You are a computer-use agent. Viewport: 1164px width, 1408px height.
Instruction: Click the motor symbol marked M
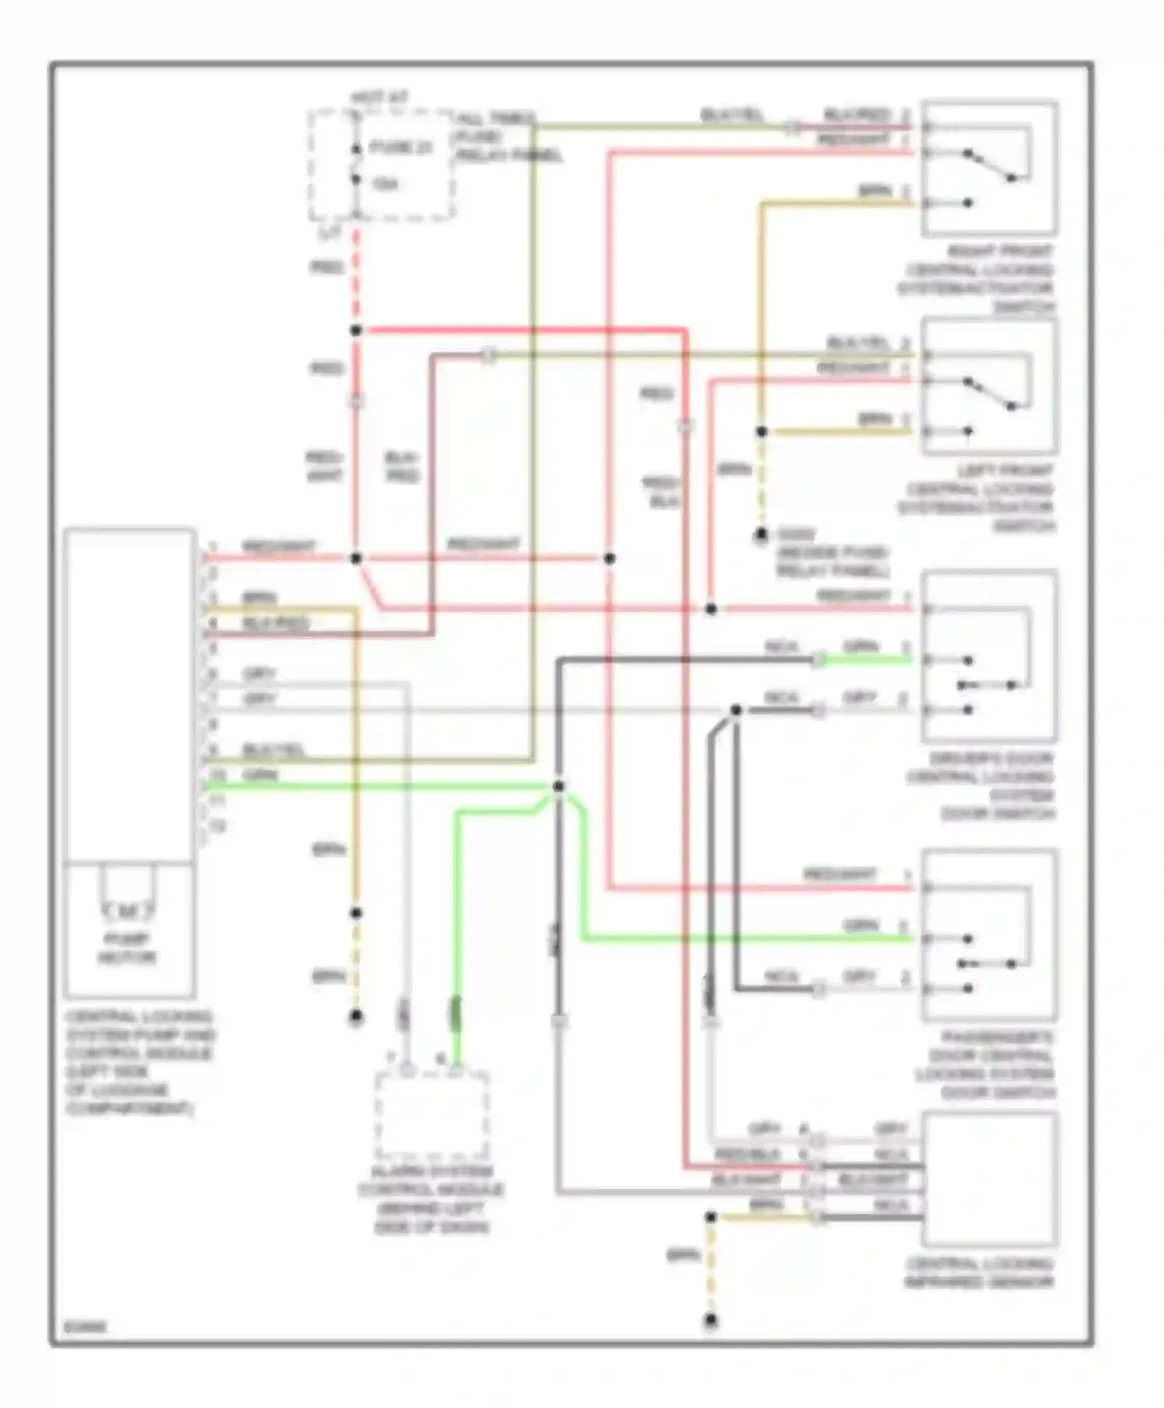pos(128,909)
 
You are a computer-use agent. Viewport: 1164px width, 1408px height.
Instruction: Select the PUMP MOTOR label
pos(127,948)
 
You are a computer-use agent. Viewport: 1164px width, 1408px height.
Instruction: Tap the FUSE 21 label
pos(400,147)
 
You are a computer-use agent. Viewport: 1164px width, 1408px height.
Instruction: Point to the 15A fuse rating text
pos(385,184)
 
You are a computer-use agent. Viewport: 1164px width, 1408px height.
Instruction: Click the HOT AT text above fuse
pos(379,98)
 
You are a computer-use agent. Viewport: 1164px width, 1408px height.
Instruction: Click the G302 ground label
pos(796,534)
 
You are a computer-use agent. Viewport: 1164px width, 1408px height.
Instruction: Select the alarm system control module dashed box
pos(431,1115)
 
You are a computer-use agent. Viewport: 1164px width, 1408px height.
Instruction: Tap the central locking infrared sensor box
pos(989,1177)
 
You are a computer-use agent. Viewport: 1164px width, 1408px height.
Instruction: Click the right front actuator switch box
pos(989,168)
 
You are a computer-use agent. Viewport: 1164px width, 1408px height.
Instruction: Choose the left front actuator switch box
pos(989,387)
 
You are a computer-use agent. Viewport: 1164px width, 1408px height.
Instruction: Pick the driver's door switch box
pos(989,657)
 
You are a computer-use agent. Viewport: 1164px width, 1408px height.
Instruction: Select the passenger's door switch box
pos(989,935)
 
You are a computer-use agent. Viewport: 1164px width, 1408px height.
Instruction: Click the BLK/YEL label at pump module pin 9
pos(273,750)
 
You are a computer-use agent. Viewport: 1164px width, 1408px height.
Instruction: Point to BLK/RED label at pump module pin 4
pos(275,623)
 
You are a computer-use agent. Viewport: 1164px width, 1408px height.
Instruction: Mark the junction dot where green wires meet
pos(559,786)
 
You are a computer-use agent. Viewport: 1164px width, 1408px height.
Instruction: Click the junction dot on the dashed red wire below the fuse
pos(356,331)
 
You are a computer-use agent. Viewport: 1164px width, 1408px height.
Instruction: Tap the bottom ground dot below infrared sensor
pos(711,1319)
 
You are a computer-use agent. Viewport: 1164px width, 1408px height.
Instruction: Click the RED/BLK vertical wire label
pos(661,492)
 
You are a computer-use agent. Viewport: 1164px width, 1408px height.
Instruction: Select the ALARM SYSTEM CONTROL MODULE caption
pos(431,1198)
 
